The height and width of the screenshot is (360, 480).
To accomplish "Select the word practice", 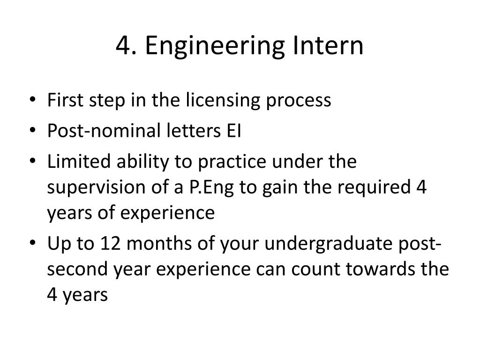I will pos(229,163).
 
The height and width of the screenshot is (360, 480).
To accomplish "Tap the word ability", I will pos(142,163).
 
